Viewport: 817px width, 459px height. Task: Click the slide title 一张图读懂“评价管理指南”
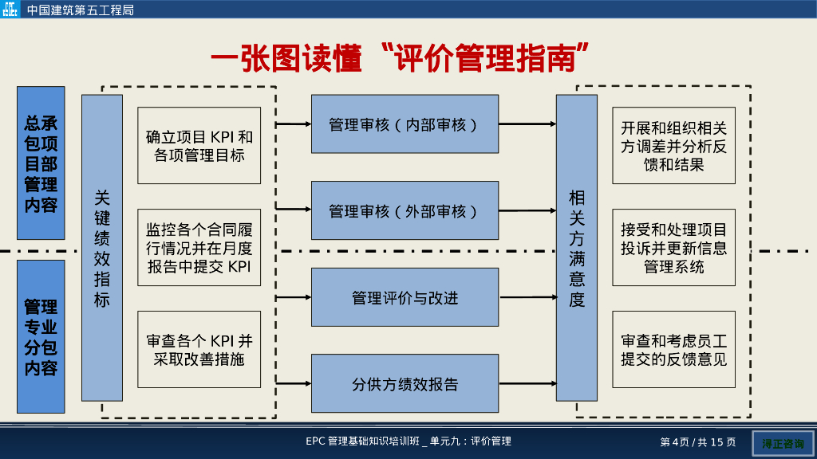tap(400, 59)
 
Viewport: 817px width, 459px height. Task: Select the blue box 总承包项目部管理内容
tap(41, 163)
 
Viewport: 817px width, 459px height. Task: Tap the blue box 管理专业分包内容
tap(41, 336)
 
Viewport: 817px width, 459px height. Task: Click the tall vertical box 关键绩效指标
tap(102, 248)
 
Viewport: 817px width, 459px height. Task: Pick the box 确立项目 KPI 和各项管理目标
tap(199, 146)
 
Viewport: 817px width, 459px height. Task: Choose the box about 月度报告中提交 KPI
tap(199, 248)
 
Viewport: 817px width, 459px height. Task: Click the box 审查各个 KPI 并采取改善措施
tap(199, 350)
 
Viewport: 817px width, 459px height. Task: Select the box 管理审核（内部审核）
tap(405, 124)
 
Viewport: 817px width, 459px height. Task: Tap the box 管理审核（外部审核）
tap(405, 210)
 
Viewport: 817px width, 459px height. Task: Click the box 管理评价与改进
tap(405, 297)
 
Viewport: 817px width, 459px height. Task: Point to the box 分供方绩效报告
tap(405, 384)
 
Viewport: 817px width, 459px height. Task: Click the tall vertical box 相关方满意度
tap(577, 248)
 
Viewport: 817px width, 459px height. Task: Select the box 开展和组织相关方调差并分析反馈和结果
tap(674, 146)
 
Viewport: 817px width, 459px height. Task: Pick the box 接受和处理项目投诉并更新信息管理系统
tap(674, 248)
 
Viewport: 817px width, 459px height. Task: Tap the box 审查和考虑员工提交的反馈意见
tap(674, 350)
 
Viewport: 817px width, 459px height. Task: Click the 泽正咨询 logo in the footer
tap(783, 443)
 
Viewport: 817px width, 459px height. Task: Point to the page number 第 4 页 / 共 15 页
tap(698, 442)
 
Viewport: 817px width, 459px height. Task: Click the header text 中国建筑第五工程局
tap(81, 10)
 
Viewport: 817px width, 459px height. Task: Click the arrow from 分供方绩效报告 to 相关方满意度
tap(527, 384)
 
